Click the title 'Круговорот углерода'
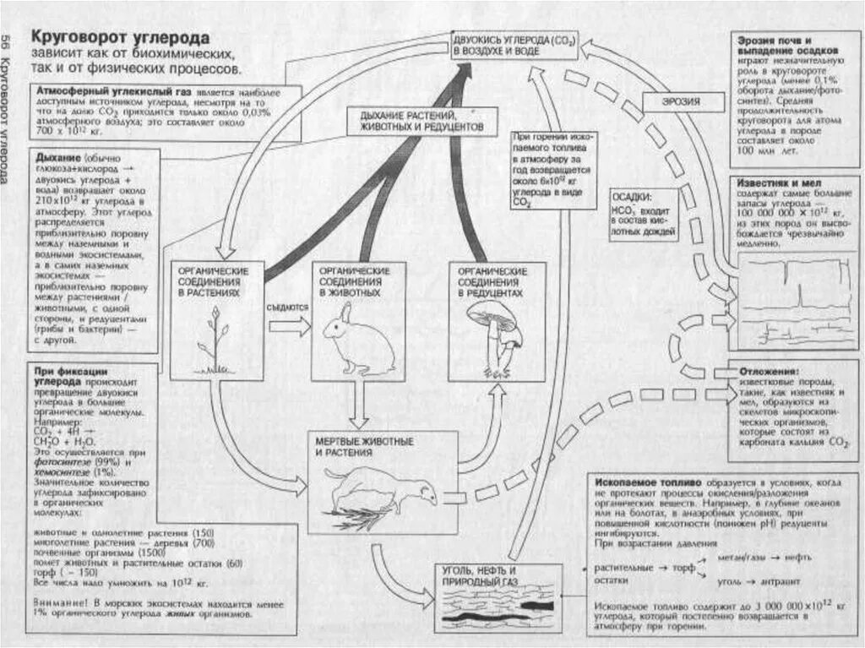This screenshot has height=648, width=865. tap(120, 39)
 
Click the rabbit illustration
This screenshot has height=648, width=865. tap(358, 341)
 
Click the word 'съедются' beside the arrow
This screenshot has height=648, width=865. tap(286, 308)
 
